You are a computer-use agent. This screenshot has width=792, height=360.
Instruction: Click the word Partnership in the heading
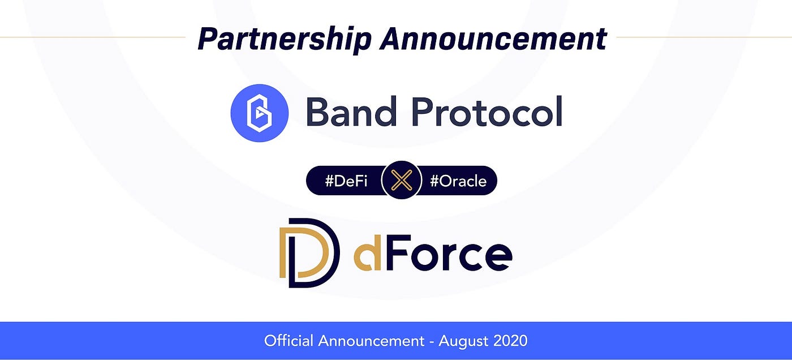(x=284, y=39)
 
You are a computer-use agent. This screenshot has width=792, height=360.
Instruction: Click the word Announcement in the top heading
(x=493, y=39)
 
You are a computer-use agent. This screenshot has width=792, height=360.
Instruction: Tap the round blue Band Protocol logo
(x=259, y=113)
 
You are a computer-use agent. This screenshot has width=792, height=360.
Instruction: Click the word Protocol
(x=490, y=112)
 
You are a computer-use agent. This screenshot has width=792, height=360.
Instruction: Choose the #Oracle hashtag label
(x=458, y=181)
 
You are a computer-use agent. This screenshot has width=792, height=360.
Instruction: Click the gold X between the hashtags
(x=401, y=181)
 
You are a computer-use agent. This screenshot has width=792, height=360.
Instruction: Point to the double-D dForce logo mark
(x=309, y=252)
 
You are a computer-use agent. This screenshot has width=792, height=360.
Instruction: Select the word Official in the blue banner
(x=289, y=341)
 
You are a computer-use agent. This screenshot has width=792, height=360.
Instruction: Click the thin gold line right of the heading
(x=701, y=37)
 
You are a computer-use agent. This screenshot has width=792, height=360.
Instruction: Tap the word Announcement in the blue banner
(x=370, y=341)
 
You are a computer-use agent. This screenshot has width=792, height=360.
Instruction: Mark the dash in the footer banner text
(x=431, y=341)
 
